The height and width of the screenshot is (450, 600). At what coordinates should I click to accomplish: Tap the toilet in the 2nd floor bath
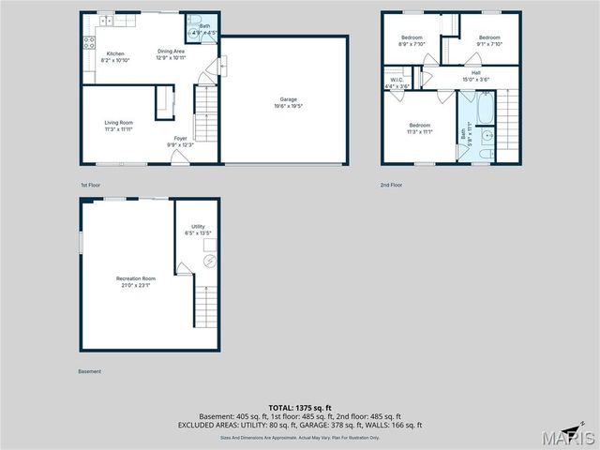point(485,153)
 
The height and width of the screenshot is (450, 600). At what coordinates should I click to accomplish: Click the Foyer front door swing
point(179,158)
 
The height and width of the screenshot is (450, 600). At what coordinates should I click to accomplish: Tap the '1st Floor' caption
point(90,185)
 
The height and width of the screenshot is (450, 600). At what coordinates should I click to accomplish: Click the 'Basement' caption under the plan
point(90,371)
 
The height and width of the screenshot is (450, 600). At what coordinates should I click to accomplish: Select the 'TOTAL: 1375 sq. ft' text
point(300,408)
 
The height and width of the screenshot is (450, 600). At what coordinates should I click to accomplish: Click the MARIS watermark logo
point(571,438)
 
